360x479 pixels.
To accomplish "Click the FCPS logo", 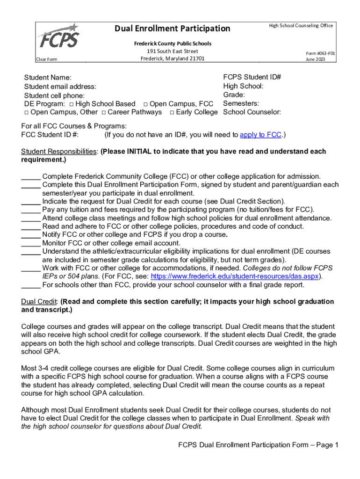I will [58, 36].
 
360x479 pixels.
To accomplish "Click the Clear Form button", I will [47, 59].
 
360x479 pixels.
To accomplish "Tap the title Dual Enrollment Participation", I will [173, 29].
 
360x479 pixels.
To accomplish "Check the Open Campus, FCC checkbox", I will [146, 104].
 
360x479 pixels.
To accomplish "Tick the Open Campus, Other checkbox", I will [27, 112].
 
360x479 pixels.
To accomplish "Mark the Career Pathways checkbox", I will [104, 112].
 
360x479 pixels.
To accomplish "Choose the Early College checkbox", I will [173, 112].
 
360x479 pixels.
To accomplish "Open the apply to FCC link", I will [260, 135].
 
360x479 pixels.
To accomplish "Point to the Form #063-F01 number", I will [320, 53].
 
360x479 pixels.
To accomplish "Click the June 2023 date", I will [316, 59].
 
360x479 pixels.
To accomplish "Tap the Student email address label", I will [60, 87].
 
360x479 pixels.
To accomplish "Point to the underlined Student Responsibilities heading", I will [59, 152].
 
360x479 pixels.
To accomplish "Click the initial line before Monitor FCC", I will [31, 243].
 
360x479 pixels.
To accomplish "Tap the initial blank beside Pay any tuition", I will [31, 210].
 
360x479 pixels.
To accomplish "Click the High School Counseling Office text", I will [301, 26].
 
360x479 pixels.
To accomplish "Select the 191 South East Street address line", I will [173, 51].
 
